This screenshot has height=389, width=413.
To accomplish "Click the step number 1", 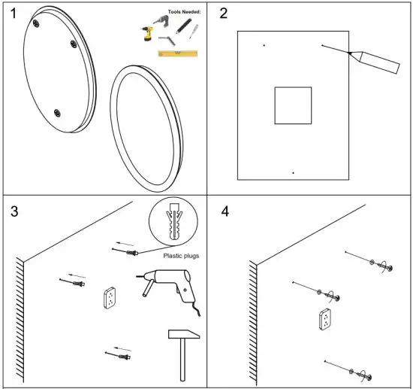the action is pos(14,14).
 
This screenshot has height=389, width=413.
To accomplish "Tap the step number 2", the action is pos(223,14).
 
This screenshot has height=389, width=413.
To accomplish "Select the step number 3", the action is pos(14,211).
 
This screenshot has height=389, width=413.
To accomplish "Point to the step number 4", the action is pos(225,211).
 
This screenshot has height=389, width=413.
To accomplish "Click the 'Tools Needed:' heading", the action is pos(185,12).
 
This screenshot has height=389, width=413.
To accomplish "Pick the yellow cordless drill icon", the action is pos(147,34).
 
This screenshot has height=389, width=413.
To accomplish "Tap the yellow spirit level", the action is pos(178,53).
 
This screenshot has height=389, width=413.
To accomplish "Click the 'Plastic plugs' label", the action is pos(181,256).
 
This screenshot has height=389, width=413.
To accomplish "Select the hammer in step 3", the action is pos(183,354).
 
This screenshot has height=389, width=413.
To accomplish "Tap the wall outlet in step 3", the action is pos(110,298).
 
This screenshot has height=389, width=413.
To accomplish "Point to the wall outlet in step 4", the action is pos(325,319).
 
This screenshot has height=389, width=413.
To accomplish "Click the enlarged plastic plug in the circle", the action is pos(173,221).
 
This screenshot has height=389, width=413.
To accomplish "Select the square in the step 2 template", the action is pos(293,105).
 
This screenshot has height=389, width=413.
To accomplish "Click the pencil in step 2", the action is pos(374,62).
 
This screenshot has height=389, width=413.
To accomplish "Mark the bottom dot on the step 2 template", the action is pos(293,173).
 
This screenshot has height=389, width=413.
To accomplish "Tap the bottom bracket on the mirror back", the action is pos(57,113).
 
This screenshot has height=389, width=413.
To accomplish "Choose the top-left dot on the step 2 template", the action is pos(264,45).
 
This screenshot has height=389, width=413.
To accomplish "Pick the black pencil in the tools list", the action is pos(184,26).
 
